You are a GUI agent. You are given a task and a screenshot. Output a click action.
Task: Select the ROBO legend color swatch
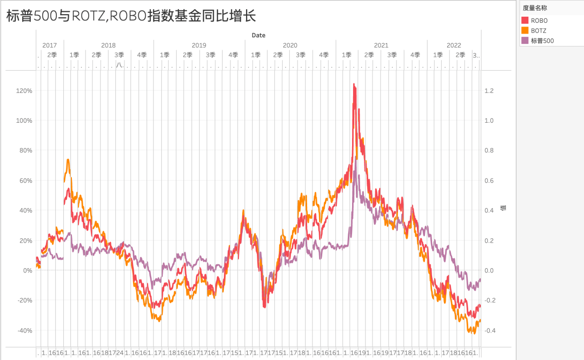(x=525, y=21)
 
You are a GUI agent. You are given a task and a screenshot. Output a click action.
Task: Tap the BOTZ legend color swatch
(x=525, y=31)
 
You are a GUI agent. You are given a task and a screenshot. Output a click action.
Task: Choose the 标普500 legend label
(x=542, y=41)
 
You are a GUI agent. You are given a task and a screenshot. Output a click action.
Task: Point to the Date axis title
(x=258, y=35)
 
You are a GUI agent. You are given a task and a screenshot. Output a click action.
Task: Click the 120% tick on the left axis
(x=25, y=91)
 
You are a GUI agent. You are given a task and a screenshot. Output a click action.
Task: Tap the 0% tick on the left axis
(x=27, y=270)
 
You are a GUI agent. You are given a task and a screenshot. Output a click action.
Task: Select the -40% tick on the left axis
(x=25, y=330)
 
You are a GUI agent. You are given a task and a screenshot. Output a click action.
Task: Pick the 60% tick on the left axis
(x=26, y=181)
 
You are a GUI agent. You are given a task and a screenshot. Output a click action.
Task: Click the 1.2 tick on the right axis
(x=489, y=91)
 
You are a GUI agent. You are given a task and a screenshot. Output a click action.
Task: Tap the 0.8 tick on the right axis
(x=489, y=151)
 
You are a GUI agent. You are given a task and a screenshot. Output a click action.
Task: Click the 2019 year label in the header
(x=199, y=45)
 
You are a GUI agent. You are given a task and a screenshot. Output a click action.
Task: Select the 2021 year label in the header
(x=381, y=45)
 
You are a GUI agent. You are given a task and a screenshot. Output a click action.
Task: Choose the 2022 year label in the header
(x=454, y=45)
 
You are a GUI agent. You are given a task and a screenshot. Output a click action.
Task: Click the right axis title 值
(x=503, y=208)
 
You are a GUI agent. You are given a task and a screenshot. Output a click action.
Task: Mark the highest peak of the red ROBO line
(x=354, y=84)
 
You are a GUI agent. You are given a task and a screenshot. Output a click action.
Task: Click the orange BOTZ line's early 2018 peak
(x=68, y=160)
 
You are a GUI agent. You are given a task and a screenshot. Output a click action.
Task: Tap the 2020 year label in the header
(x=290, y=45)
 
